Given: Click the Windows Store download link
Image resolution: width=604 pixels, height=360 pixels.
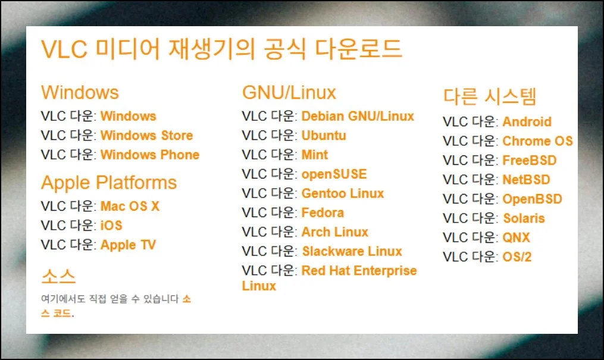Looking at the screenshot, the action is [146, 136].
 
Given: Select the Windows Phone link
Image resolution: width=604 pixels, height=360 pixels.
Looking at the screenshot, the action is [150, 155].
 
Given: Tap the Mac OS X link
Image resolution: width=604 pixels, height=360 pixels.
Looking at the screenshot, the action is [130, 206].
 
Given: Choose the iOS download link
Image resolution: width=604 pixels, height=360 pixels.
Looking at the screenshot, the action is [111, 226].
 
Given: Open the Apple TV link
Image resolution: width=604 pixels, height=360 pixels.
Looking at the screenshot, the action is [128, 245].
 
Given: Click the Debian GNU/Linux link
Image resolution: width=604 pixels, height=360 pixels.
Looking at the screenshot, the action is [358, 116].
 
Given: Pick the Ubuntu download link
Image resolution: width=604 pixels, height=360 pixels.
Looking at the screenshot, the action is [324, 136].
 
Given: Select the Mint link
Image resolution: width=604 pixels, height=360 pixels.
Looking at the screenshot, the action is [314, 155].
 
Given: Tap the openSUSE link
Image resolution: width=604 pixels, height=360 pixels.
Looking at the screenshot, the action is [334, 174].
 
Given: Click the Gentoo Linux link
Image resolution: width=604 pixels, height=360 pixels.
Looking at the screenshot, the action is [342, 193].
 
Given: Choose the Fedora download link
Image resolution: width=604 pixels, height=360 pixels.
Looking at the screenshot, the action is [323, 212].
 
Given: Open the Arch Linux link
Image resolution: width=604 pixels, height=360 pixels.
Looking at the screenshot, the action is [335, 232].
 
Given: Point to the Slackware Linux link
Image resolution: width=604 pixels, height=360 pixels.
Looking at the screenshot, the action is [352, 251].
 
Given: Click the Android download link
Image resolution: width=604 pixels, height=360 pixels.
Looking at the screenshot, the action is [527, 121].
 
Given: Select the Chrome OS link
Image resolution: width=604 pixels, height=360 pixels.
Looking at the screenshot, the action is [538, 141].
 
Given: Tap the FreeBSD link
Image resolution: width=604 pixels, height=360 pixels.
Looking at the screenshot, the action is [530, 160].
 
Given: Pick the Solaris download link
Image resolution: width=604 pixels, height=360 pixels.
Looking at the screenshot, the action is [524, 218].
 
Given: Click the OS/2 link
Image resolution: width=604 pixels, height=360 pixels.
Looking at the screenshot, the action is [517, 257].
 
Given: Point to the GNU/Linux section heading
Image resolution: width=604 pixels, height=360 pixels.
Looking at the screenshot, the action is [289, 93].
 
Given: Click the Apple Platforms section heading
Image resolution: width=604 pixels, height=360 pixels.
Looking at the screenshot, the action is [109, 183].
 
